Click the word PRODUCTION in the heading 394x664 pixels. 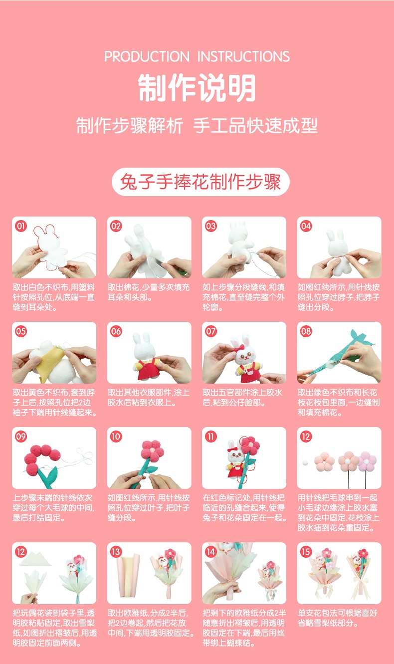pos(147,56)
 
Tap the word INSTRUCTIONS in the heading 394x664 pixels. pos(243,56)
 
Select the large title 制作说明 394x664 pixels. pos(197,88)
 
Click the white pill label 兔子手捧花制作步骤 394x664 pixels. pos(200,182)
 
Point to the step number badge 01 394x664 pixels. pos(21,226)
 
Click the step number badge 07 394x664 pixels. pos(211,331)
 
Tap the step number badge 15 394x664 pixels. pos(306,552)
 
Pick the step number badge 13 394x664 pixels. pos(116,552)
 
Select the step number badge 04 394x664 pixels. pos(306,226)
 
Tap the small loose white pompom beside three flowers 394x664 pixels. pos(305,463)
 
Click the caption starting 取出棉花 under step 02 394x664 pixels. pos(149,292)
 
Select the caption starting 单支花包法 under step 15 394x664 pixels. pos(338,618)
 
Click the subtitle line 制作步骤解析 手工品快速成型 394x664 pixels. pos(197,125)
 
